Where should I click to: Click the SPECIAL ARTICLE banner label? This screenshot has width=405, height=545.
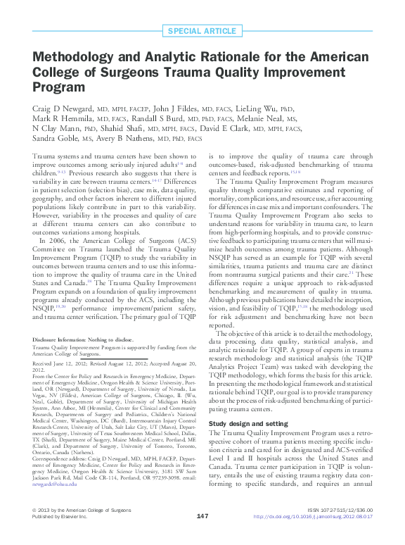tap(202, 30)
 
